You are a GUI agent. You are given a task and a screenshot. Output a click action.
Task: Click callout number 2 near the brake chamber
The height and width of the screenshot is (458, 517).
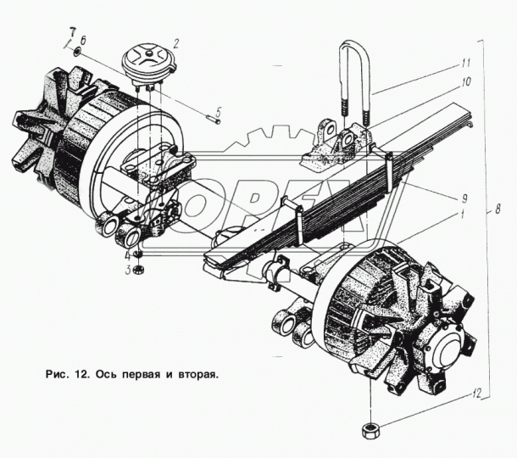pos(175,43)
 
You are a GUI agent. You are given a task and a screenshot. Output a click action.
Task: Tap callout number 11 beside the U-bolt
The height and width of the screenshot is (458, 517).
pos(465,63)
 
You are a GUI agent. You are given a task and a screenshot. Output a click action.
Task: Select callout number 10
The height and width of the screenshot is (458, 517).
pos(466,81)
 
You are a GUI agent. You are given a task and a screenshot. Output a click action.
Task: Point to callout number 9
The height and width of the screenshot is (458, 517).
pos(464,198)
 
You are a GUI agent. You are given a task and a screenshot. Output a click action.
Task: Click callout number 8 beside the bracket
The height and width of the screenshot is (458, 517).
pos(498,209)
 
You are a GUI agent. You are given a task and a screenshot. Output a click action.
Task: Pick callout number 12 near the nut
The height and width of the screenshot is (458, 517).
pos(476,393)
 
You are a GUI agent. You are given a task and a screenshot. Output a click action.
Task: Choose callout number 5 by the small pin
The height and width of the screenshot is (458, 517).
pos(219,112)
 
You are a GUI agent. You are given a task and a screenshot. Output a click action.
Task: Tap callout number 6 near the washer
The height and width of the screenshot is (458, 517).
pos(83,41)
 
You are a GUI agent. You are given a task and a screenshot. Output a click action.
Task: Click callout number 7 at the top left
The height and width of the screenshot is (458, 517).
pos(72,33)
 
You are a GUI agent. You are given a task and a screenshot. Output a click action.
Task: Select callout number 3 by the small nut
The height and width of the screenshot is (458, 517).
pos(128,271)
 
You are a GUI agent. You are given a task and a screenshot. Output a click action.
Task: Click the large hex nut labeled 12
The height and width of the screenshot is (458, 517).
pos(371,431)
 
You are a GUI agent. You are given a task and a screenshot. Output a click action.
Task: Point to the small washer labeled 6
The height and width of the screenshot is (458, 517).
pos(77,52)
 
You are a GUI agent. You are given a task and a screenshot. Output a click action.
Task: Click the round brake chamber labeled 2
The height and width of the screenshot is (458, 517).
pos(149,63)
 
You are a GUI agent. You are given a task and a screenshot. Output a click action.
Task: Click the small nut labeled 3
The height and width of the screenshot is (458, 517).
pos(138,271)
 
